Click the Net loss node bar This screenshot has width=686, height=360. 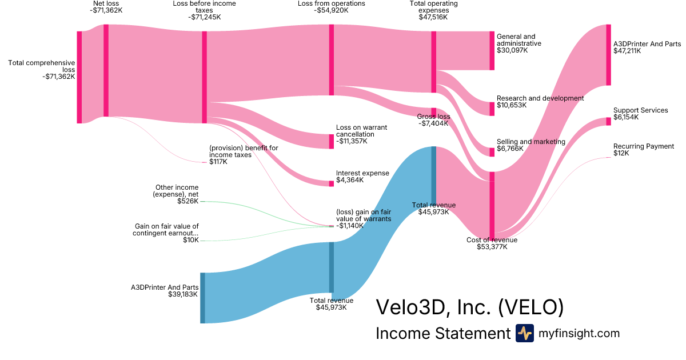click(x=106, y=70)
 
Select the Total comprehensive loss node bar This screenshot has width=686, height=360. click(x=79, y=77)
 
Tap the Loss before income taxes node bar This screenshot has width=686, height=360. click(x=204, y=77)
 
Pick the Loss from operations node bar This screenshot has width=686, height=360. click(x=331, y=60)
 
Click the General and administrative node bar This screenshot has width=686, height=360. click(x=491, y=51)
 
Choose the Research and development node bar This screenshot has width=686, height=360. click(x=491, y=109)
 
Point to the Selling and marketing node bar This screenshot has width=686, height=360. click(x=491, y=152)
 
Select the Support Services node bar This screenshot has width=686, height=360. click(x=608, y=121)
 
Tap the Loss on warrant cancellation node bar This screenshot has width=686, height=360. click(x=331, y=142)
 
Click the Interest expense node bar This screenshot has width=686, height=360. click(x=331, y=183)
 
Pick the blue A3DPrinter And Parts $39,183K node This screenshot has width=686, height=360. click(x=202, y=298)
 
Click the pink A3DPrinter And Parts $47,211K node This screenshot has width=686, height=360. click(x=608, y=55)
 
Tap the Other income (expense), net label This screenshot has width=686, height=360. click(x=177, y=191)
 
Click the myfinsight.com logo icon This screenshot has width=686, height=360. click(x=524, y=333)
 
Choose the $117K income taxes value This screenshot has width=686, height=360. click(x=218, y=162)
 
